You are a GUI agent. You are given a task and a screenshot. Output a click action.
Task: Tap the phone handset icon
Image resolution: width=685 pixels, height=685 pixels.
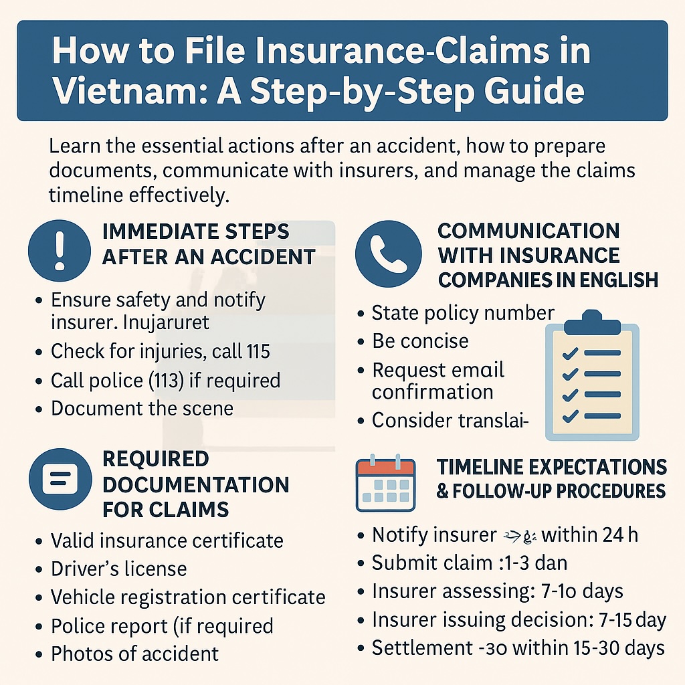point(388,255)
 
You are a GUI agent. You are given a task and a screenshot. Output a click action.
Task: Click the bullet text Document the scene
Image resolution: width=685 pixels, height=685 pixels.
point(142,408)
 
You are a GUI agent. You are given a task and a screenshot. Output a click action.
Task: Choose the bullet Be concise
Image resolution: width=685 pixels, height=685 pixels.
point(420,341)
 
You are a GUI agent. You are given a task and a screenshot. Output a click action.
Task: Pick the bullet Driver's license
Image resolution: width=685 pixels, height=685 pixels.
point(118,569)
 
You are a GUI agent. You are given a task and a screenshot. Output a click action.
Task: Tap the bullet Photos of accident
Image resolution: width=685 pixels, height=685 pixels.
point(134,653)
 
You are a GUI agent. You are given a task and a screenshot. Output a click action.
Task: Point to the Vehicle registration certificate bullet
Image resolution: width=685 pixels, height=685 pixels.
point(188,597)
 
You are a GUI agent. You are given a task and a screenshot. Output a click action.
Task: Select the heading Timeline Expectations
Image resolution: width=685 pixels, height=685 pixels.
point(551,466)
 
